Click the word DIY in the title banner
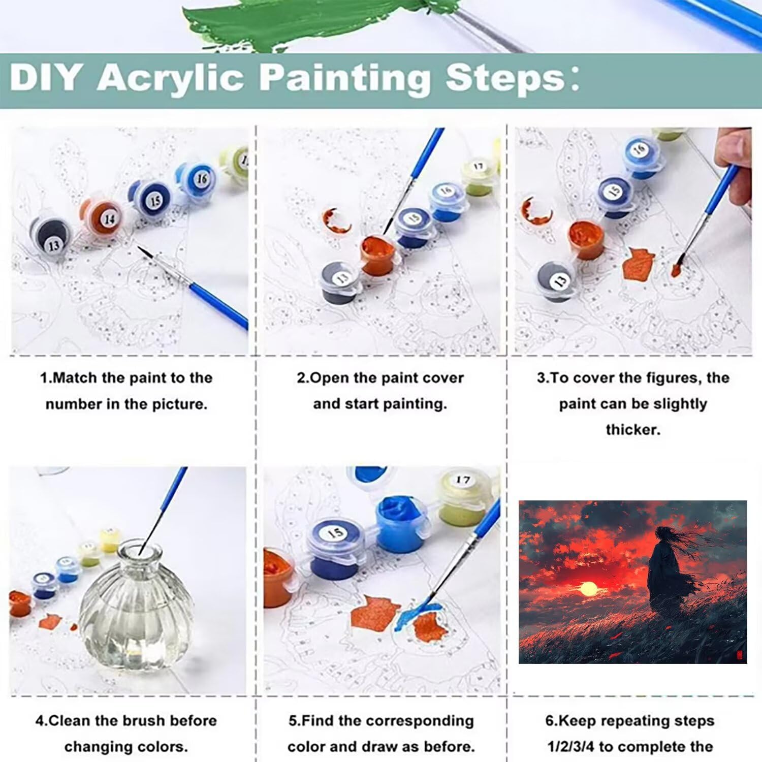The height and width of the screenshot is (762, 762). [x=45, y=77]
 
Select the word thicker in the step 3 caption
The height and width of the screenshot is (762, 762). [x=633, y=430]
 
